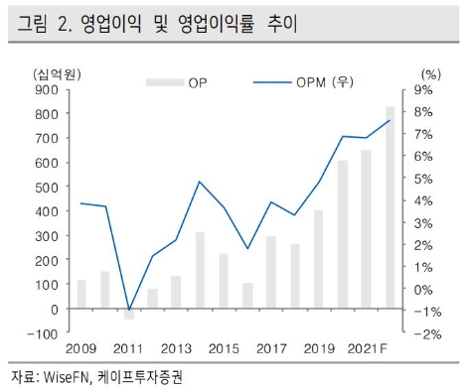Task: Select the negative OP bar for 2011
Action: point(128,314)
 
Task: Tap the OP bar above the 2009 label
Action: point(81,294)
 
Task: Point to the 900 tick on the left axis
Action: point(46,89)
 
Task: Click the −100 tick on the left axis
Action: point(42,333)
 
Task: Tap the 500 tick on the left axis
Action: point(46,187)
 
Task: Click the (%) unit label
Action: point(429,73)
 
